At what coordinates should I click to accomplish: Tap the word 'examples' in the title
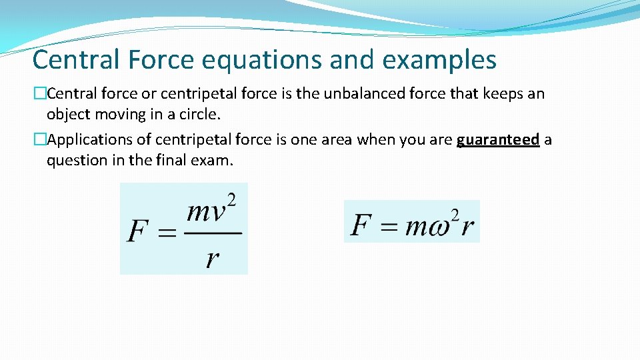439,60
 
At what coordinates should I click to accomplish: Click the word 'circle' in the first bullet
199,114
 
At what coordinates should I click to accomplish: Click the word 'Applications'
90,139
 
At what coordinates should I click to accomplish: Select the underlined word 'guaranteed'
498,139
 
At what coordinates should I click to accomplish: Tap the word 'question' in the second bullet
75,160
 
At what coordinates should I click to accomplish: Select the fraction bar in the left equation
212,234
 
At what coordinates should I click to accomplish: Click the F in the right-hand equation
361,225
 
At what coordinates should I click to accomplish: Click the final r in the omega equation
468,227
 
